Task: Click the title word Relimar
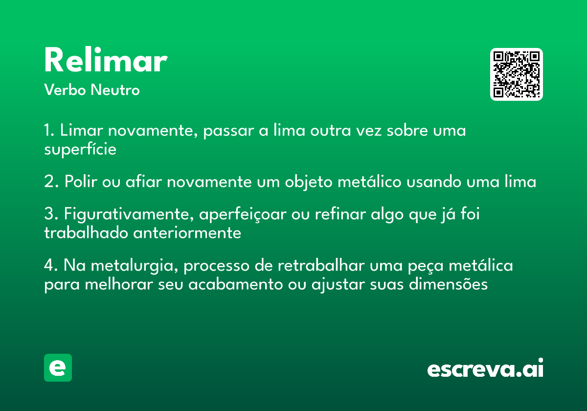(x=106, y=60)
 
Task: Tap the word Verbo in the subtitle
(x=65, y=90)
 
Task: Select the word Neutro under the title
(x=115, y=90)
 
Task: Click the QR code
(x=516, y=74)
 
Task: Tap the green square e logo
(x=58, y=367)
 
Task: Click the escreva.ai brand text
(x=485, y=368)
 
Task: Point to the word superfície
(x=80, y=149)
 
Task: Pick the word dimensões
(x=449, y=284)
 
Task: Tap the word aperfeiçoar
(x=243, y=215)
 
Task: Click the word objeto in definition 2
(x=309, y=182)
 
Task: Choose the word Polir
(x=81, y=181)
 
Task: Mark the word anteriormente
(x=187, y=233)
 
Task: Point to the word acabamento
(x=236, y=284)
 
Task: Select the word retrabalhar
(x=321, y=265)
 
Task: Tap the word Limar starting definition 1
(x=82, y=130)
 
